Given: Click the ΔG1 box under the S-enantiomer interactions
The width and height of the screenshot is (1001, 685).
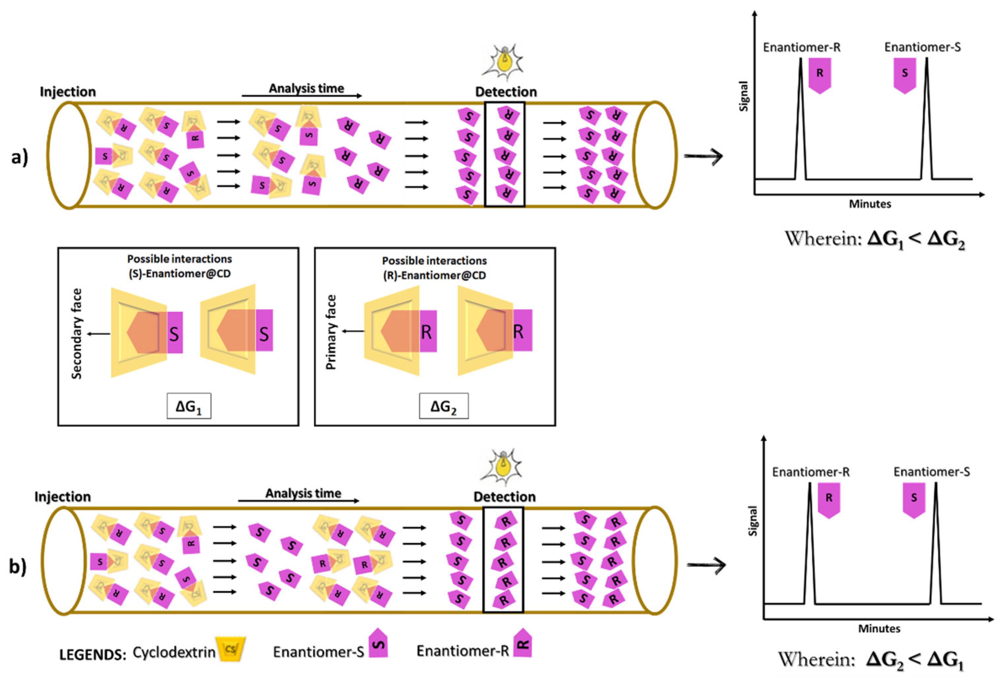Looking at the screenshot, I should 189,406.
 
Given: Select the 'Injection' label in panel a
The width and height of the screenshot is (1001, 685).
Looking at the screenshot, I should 68,92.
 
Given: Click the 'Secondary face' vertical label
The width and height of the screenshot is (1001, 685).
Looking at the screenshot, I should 77,334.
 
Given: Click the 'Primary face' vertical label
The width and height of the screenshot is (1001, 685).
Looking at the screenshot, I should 331,332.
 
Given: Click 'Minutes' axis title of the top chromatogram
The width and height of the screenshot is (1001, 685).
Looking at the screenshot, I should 870,204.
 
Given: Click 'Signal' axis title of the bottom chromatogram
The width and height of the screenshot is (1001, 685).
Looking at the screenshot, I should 753,521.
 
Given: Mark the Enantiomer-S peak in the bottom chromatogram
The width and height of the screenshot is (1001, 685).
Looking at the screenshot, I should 935,543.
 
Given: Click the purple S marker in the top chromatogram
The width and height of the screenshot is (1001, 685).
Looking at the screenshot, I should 904,75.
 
